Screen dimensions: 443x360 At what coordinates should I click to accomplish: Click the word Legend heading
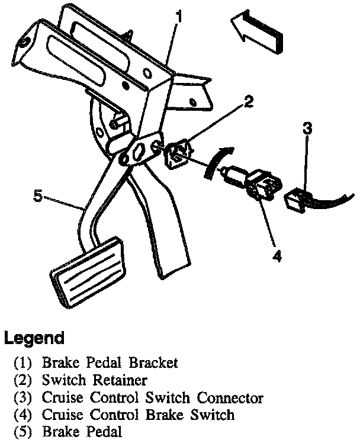tap(34, 339)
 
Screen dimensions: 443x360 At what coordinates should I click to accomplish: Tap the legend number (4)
tap(22, 415)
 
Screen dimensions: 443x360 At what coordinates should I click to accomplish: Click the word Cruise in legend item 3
tap(60, 397)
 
